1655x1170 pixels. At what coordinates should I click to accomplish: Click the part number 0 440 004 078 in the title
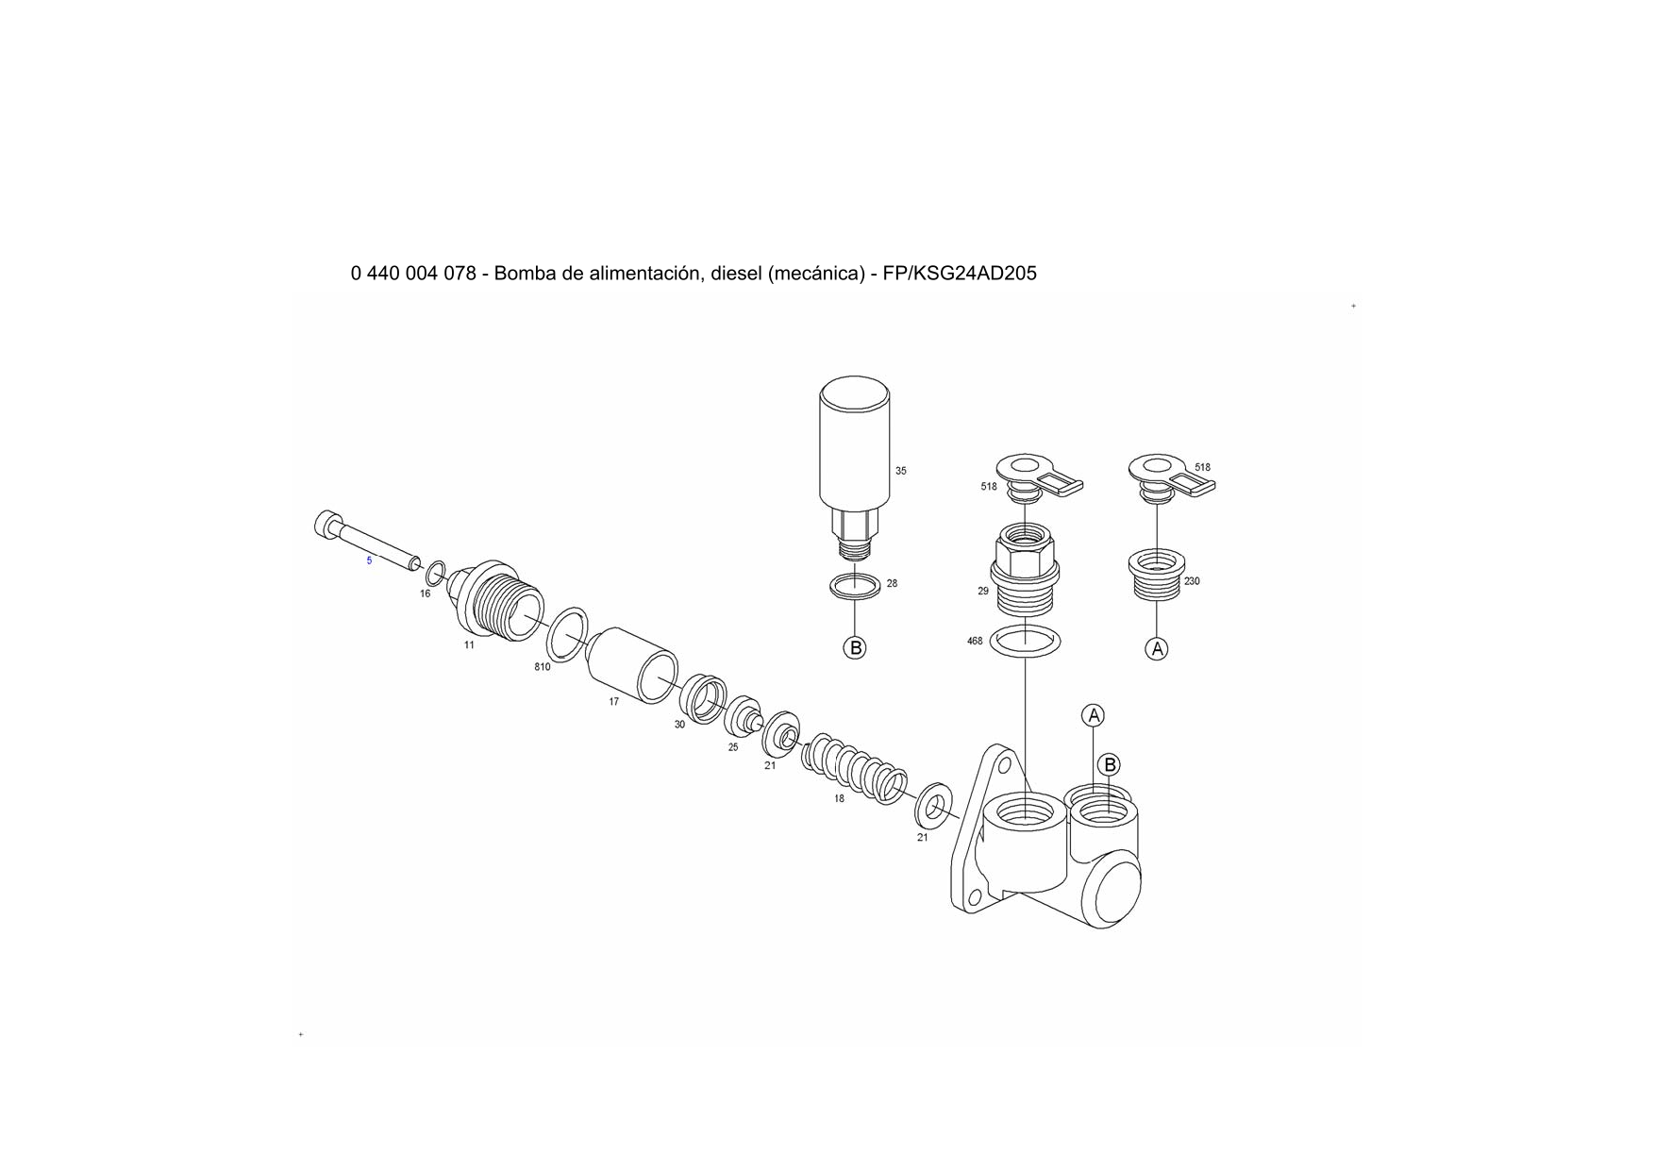pos(413,274)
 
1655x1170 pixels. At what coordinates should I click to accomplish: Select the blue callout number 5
pos(369,560)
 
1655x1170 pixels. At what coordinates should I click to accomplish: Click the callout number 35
pos(900,471)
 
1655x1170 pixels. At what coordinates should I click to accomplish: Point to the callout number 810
pos(543,667)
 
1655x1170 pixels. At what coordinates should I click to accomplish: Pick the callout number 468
pos(975,642)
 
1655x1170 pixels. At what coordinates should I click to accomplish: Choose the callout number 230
pos(1192,581)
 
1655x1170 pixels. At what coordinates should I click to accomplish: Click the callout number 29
pos(983,592)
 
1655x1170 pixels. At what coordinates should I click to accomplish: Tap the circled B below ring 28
pos(855,648)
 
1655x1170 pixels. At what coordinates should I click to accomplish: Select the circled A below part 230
pos(1157,649)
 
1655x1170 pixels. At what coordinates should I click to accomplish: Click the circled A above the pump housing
pos(1094,716)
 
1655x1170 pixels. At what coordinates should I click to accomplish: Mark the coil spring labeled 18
pos(854,767)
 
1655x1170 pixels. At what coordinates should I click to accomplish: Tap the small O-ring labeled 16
pos(436,573)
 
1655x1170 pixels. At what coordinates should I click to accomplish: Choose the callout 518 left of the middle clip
pos(989,487)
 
